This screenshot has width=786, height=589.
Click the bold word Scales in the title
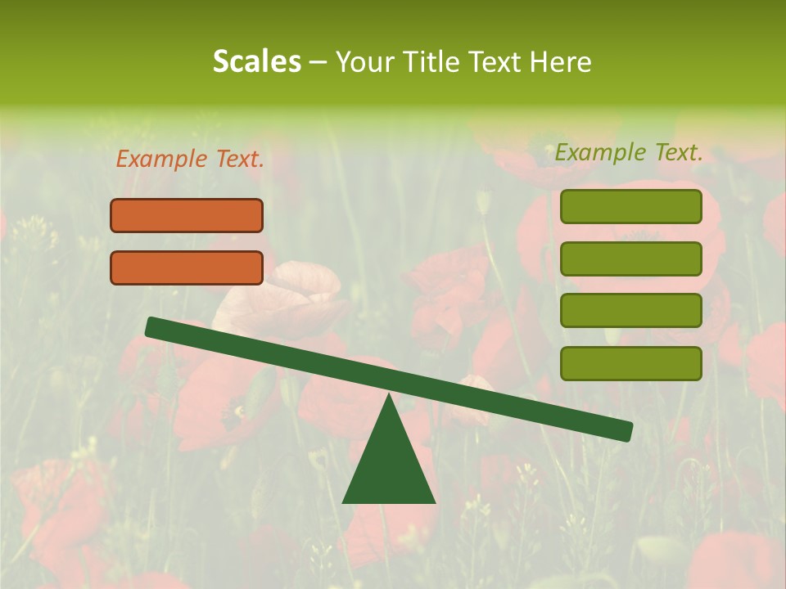(x=256, y=61)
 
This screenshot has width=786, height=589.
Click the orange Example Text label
(x=190, y=159)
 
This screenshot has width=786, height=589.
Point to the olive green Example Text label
(x=629, y=151)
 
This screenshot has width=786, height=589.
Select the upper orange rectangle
(x=187, y=215)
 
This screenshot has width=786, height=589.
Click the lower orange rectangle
(x=187, y=268)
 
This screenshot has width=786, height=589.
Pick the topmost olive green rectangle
(x=630, y=206)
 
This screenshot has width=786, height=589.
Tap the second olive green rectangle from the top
(x=630, y=259)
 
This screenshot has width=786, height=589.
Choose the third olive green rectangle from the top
(x=630, y=311)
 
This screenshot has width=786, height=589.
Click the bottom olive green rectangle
(x=630, y=363)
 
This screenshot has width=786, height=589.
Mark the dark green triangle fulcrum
(x=389, y=466)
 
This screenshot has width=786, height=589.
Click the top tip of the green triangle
(x=389, y=398)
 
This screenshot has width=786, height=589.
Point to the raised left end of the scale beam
(x=152, y=326)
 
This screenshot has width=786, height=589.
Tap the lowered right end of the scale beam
(x=626, y=431)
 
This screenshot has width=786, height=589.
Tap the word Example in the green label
(x=600, y=151)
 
